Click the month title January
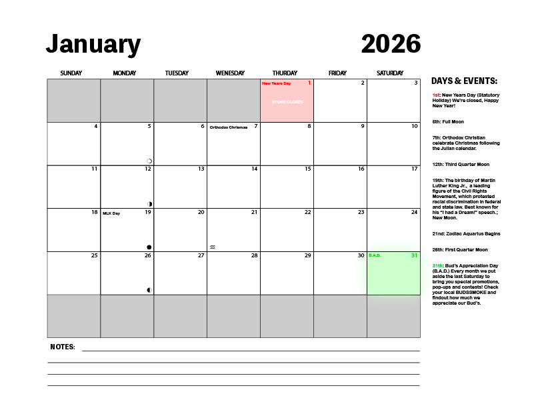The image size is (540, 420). [93, 45]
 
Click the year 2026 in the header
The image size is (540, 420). [391, 45]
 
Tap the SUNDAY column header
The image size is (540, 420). [71, 73]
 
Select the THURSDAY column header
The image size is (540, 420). [285, 73]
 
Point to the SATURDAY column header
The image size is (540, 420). [390, 73]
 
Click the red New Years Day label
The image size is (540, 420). [276, 83]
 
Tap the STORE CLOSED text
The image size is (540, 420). [287, 102]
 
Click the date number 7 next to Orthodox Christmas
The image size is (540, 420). [256, 126]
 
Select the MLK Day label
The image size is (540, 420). [111, 213]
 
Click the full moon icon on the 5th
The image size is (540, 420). [149, 161]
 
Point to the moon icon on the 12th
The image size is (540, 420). [149, 204]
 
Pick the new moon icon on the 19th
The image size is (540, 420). [149, 247]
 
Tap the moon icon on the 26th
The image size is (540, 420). [149, 290]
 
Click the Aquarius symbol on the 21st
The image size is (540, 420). [213, 247]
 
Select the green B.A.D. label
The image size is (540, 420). [374, 255]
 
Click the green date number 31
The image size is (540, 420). [414, 255]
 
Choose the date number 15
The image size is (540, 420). [307, 169]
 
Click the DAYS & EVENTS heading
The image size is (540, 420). [464, 81]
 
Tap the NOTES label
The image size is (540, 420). [63, 347]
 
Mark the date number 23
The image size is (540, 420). [361, 213]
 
